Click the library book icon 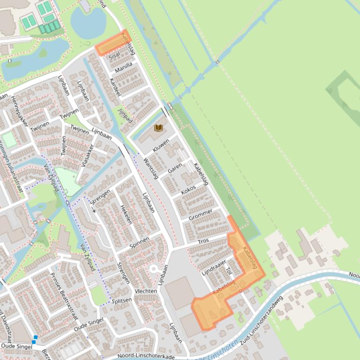click(159, 128)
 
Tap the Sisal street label click(114, 56)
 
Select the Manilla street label click(124, 67)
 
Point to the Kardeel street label click(115, 87)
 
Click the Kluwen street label click(161, 146)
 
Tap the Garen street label click(175, 168)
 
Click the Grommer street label click(200, 215)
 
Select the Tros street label click(203, 241)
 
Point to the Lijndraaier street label click(214, 267)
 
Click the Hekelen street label click(125, 215)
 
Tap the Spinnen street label click(139, 242)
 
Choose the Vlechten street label click(146, 291)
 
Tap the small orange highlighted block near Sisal click(112, 43)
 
